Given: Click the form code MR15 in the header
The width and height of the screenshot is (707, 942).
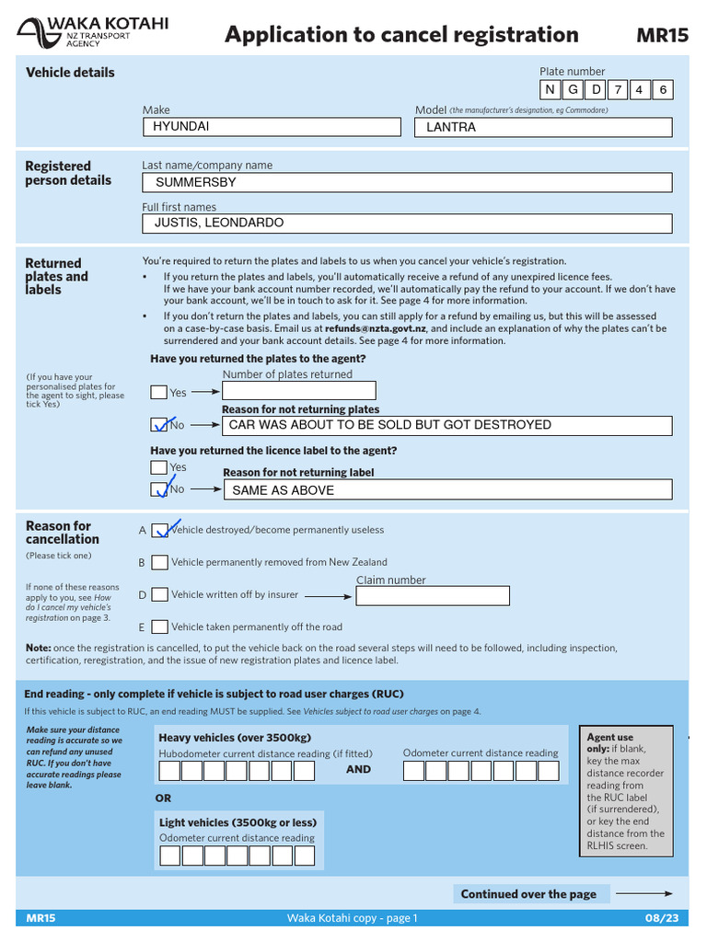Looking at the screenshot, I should click(x=662, y=36).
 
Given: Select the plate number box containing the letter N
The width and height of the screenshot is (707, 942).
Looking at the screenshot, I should click(x=551, y=89).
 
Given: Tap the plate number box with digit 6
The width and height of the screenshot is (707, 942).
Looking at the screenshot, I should click(x=662, y=89).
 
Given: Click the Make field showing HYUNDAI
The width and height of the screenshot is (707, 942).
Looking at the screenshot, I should click(x=275, y=127).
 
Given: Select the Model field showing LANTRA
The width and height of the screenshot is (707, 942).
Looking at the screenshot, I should click(x=544, y=127).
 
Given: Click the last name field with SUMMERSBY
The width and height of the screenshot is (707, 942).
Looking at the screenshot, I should click(x=407, y=182).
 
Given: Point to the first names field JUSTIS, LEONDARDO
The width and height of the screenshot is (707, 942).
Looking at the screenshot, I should click(x=407, y=224).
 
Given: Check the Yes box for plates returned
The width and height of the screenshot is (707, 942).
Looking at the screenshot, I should click(x=159, y=392).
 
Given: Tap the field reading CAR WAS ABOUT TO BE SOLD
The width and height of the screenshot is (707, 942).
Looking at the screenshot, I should click(x=446, y=425).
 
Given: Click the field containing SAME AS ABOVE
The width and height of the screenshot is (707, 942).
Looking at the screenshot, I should click(x=447, y=490).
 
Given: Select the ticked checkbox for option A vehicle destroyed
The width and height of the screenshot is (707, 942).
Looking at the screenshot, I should click(x=159, y=530).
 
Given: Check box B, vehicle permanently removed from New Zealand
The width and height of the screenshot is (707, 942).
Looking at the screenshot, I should click(x=159, y=562).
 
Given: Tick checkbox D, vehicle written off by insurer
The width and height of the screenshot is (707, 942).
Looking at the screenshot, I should click(x=159, y=595).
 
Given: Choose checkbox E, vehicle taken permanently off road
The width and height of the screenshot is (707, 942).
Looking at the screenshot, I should click(x=159, y=627).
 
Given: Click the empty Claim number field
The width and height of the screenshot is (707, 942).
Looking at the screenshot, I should click(x=432, y=596).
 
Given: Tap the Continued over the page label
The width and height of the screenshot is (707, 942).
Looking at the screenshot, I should click(x=528, y=894).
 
